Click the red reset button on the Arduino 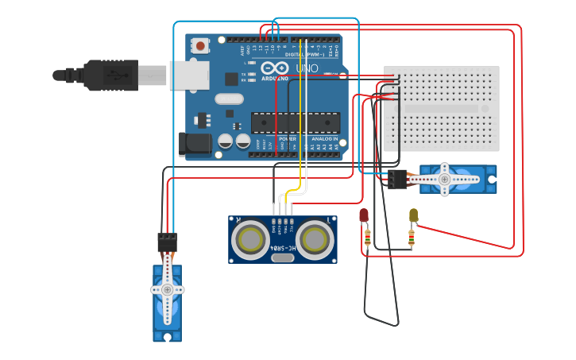[200, 46]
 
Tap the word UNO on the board [307, 68]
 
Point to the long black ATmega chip [296, 122]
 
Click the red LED [364, 215]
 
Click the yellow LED [413, 215]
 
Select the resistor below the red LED [366, 237]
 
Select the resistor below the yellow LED [412, 237]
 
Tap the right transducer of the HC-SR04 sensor [315, 238]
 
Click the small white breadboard [442, 108]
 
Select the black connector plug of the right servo [395, 179]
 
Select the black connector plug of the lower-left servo [167, 242]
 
